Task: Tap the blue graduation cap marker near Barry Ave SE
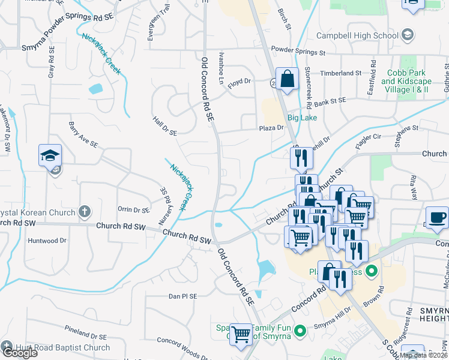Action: [x=50, y=155]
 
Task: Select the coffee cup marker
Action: [x=436, y=217]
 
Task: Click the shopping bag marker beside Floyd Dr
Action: [x=288, y=79]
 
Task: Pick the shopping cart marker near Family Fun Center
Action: [x=241, y=334]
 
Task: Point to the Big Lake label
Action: [x=302, y=118]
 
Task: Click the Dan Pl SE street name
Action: [x=182, y=296]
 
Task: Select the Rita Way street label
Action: [x=413, y=182]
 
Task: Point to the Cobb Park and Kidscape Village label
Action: [x=405, y=81]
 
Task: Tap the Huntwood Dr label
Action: [x=47, y=241]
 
